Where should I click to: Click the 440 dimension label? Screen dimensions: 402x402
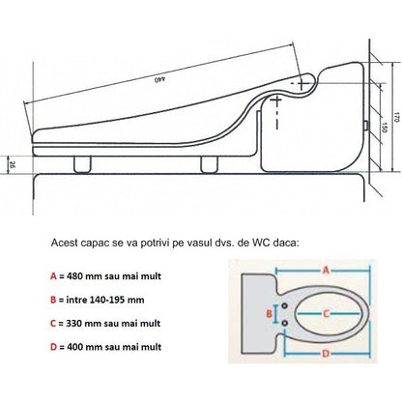click(x=159, y=79)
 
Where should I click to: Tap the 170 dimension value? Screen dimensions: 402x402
click(x=396, y=118)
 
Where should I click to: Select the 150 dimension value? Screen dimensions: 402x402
click(x=385, y=127)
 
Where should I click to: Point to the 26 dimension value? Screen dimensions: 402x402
click(x=12, y=165)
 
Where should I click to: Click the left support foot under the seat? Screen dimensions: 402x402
click(x=82, y=164)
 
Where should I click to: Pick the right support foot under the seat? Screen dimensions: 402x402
click(x=210, y=164)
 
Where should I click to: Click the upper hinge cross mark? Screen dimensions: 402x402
click(x=301, y=83)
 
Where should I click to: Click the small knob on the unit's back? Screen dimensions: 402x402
click(x=366, y=126)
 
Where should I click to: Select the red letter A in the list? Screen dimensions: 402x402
click(x=53, y=276)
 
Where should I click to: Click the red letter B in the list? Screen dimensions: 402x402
click(x=53, y=300)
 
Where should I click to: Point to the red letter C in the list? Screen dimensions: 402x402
click(x=53, y=324)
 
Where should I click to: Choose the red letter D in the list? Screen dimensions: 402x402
click(x=53, y=347)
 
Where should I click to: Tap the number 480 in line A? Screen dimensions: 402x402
click(x=74, y=276)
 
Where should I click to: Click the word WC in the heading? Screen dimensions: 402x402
click(x=259, y=243)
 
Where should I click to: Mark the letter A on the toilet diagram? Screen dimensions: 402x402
click(x=326, y=270)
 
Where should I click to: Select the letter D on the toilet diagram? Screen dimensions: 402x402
click(x=326, y=354)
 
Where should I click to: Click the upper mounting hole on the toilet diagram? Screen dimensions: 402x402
click(x=284, y=305)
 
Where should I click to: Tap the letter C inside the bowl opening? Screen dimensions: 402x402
click(x=326, y=313)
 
